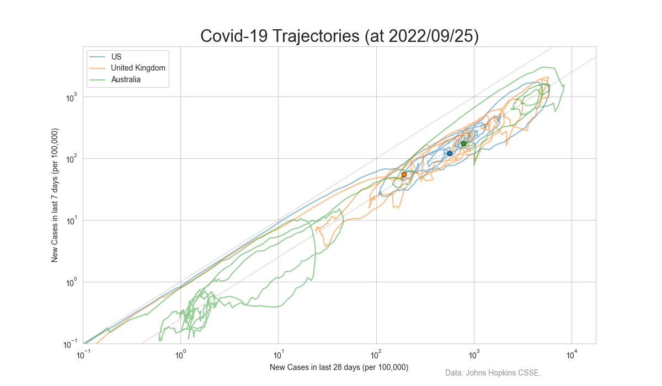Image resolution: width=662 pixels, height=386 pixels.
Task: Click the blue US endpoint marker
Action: click(x=450, y=153)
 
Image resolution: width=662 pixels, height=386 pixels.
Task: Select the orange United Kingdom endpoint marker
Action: click(x=404, y=174)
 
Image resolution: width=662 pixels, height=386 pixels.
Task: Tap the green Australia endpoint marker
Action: click(x=463, y=143)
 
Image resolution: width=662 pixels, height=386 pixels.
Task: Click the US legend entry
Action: click(x=116, y=57)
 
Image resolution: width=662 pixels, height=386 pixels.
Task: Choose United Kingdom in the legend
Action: click(x=138, y=68)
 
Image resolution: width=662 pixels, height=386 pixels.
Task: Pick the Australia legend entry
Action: click(x=125, y=79)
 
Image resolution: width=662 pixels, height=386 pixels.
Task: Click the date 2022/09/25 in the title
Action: click(x=433, y=36)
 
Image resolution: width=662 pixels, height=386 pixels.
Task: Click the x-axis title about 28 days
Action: click(x=339, y=367)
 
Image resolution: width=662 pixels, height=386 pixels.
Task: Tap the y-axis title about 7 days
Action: click(x=55, y=195)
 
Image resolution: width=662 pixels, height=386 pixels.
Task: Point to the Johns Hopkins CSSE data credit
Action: click(x=493, y=373)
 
